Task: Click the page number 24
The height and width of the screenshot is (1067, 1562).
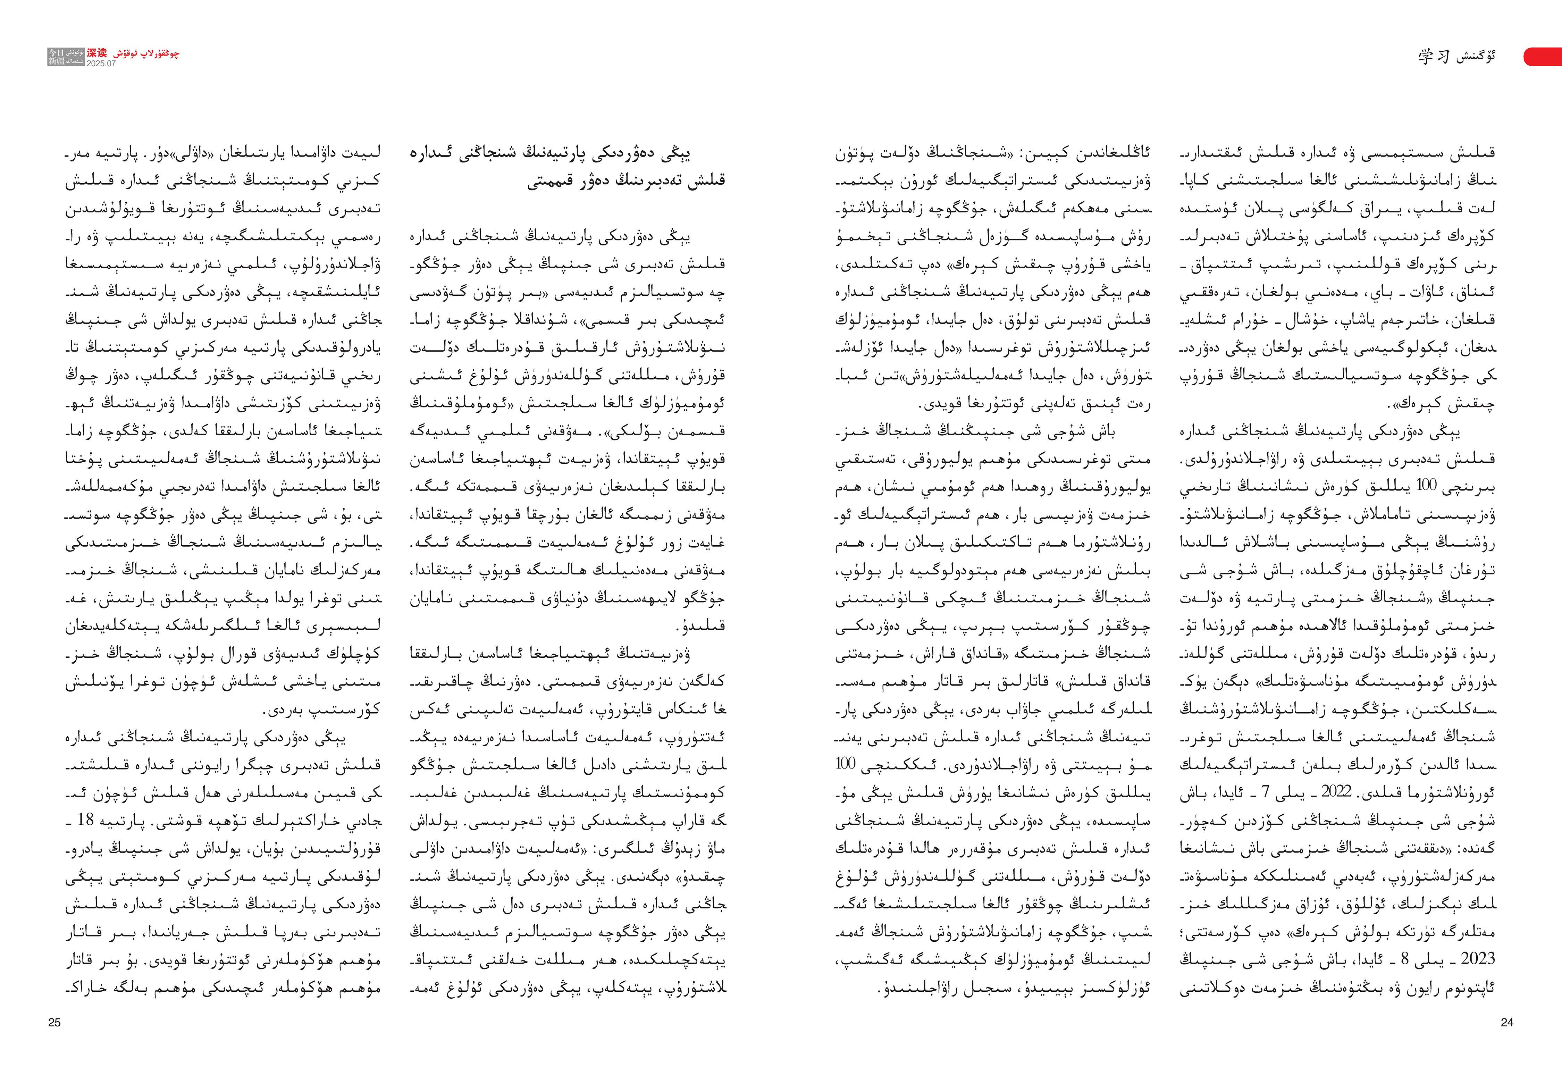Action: (1506, 1023)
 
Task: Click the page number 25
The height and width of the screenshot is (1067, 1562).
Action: (54, 1023)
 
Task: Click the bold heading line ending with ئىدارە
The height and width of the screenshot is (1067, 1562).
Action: (568, 153)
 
